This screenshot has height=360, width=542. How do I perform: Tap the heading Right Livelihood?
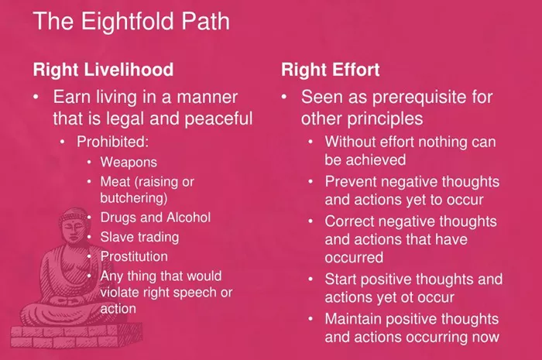(103, 70)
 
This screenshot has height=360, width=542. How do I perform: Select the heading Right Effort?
(330, 70)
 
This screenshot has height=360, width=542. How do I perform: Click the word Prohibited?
(112, 142)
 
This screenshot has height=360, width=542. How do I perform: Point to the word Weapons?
(129, 163)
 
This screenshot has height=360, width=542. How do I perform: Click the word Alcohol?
(188, 218)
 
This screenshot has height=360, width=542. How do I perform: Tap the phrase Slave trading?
(139, 238)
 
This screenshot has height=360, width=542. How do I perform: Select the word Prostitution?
(134, 257)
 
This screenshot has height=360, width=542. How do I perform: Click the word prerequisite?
(421, 98)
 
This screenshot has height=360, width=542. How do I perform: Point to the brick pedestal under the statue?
(76, 335)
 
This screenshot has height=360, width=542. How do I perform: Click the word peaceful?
(218, 119)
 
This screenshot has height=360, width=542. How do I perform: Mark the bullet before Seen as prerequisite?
(284, 97)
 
